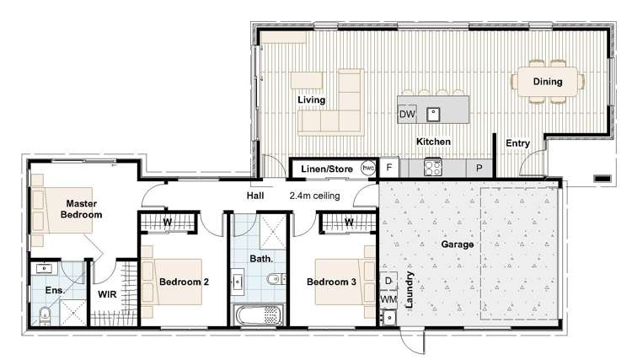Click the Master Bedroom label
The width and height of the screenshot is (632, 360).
pyautogui.click(x=81, y=208)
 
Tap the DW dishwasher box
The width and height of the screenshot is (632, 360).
pyautogui.click(x=407, y=114)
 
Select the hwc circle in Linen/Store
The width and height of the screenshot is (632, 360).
pyautogui.click(x=368, y=168)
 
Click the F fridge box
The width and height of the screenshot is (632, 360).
pyautogui.click(x=388, y=168)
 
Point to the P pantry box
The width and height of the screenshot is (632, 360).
pyautogui.click(x=479, y=168)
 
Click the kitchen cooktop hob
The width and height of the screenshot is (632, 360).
pyautogui.click(x=433, y=167)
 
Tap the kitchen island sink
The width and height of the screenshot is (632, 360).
pyautogui.click(x=433, y=113)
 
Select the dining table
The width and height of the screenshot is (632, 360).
pyautogui.click(x=547, y=82)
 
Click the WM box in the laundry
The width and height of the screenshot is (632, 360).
pyautogui.click(x=388, y=298)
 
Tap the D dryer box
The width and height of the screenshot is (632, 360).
pyautogui.click(x=388, y=281)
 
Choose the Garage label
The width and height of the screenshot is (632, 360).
pyautogui.click(x=458, y=244)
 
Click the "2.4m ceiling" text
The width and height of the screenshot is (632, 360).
pyautogui.click(x=315, y=196)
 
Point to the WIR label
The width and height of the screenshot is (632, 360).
pyautogui.click(x=107, y=295)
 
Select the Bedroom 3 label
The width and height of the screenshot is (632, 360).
pyautogui.click(x=331, y=282)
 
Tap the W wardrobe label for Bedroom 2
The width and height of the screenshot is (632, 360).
pyautogui.click(x=168, y=222)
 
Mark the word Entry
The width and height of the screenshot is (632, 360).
pyautogui.click(x=517, y=143)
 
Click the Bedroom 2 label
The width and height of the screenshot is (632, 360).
pyautogui.click(x=184, y=282)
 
